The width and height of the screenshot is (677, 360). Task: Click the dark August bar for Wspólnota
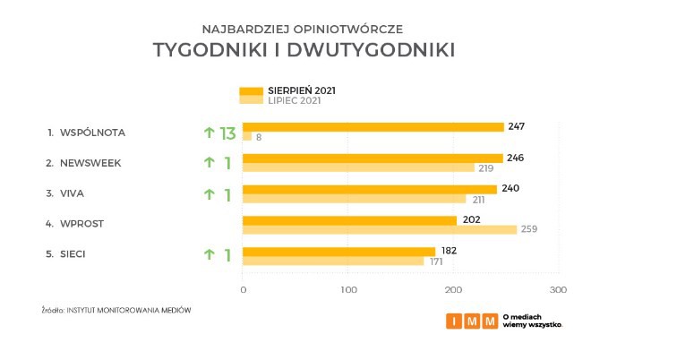coord(373,127)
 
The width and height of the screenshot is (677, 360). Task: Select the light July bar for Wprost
coord(380,229)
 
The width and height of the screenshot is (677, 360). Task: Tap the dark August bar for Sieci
coord(338,251)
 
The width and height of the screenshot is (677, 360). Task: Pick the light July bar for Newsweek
coord(358,167)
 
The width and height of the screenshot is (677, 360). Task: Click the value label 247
coord(516,126)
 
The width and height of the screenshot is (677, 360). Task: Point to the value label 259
coord(529,229)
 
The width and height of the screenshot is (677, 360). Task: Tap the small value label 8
coord(259,137)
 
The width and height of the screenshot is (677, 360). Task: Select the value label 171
coord(436,261)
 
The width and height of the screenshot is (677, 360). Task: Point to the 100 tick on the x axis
coord(349,290)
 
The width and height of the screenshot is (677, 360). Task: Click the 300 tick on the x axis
coord(559,290)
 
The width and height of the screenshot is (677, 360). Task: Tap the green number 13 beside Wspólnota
coord(227,133)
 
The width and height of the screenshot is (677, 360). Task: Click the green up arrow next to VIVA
coord(210,194)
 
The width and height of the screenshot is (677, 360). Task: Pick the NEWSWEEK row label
coord(90,163)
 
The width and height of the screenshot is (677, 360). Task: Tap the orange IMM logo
coord(472,321)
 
